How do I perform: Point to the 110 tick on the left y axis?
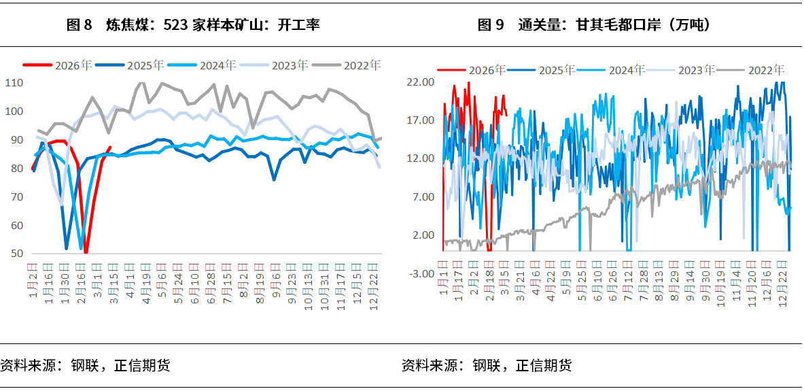click(x=14, y=83)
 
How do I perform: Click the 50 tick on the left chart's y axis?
click(x=17, y=254)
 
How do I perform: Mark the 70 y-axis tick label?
click(x=17, y=197)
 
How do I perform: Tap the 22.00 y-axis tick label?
click(x=419, y=82)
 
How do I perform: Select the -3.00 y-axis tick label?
click(x=419, y=273)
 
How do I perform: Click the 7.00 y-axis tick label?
click(x=421, y=197)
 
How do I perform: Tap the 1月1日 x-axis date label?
click(x=442, y=278)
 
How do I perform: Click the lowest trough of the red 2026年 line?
click(x=86, y=252)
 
